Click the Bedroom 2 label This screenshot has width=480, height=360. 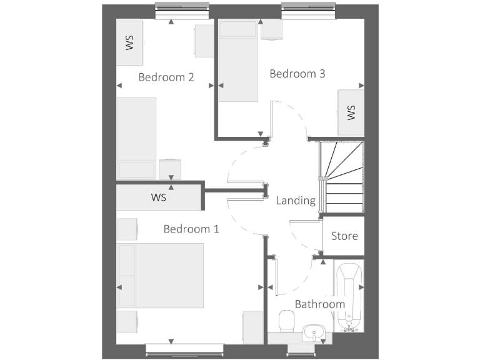[166, 77]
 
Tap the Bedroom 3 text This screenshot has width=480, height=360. [297, 74]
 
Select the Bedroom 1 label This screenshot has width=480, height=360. [191, 229]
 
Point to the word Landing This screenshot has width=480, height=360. [296, 201]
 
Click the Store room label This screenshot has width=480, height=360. [344, 236]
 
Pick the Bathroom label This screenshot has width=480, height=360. [319, 304]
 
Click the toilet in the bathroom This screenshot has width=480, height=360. [287, 322]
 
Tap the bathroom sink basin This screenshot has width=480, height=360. [312, 332]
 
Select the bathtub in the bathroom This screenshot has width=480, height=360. [348, 297]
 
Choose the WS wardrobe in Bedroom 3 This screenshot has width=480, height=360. [351, 112]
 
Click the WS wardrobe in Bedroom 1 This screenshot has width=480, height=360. [158, 198]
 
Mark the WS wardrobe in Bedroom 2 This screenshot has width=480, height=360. [130, 42]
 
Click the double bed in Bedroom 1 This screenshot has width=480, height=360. [161, 276]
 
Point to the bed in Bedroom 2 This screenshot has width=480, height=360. [137, 138]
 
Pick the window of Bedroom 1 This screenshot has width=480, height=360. [184, 350]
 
